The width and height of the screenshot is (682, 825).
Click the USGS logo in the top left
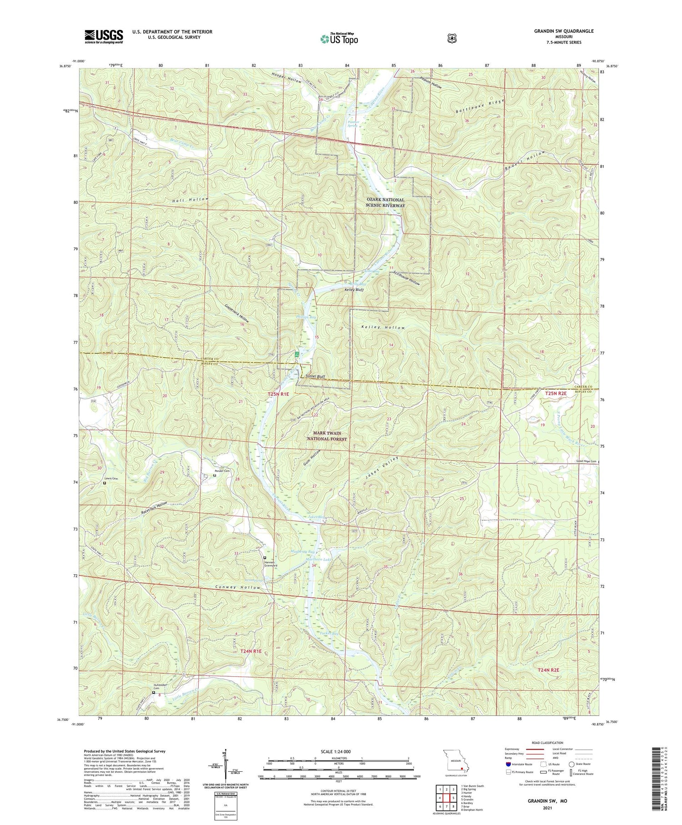pos(103,36)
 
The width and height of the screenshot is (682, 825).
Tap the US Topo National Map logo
pos(339,39)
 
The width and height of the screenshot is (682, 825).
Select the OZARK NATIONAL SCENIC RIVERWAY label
pos(385,202)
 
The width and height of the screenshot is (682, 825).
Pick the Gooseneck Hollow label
pos(237,313)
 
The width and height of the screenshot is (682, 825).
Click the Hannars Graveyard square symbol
pos(265,557)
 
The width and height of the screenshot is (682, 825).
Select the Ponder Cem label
pos(222,471)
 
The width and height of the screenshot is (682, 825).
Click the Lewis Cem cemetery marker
pos(104,484)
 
